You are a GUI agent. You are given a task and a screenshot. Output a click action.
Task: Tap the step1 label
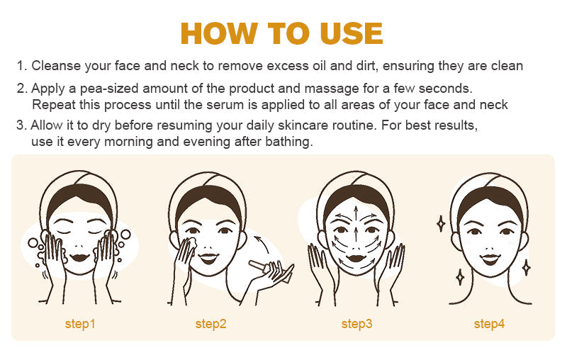coord(80,324)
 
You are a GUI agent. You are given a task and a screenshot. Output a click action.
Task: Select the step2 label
coord(211,324)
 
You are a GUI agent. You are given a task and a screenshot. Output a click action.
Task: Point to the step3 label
coord(357,324)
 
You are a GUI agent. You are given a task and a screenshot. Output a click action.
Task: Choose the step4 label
coord(489,324)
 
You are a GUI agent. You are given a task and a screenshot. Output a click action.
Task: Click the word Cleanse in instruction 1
coord(57,66)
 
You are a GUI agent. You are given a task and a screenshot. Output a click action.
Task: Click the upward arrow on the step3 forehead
coord(356,214)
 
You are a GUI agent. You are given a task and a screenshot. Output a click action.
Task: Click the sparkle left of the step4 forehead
coord(440,223)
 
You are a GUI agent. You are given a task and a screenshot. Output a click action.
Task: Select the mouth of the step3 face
coord(356,256)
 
